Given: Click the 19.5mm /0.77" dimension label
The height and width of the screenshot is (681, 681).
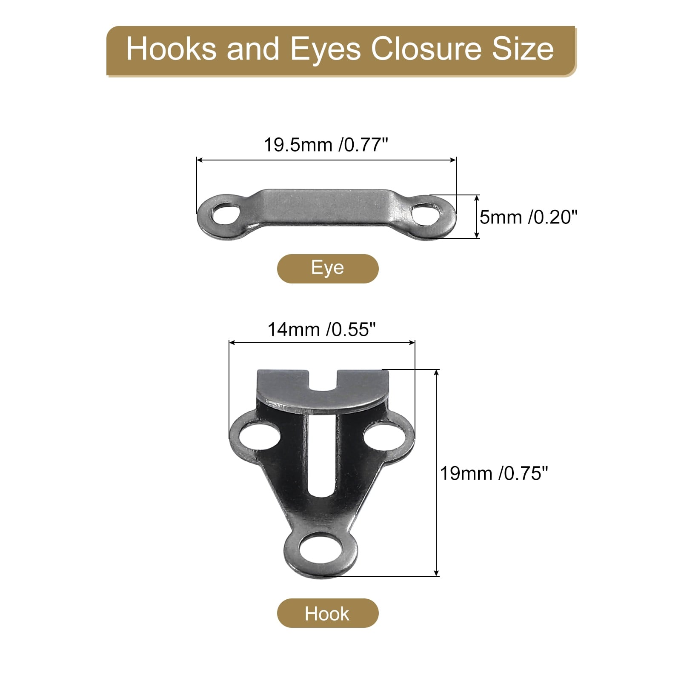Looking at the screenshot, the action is [326, 145].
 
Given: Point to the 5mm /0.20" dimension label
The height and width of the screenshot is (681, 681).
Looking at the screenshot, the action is [529, 217].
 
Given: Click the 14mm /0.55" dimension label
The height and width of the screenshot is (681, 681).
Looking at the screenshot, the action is [322, 329].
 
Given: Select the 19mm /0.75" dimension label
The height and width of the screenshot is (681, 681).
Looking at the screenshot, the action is [494, 473].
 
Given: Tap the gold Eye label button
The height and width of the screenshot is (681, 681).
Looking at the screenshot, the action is [328, 269].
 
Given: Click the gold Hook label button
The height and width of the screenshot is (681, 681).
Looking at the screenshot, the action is [328, 613].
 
